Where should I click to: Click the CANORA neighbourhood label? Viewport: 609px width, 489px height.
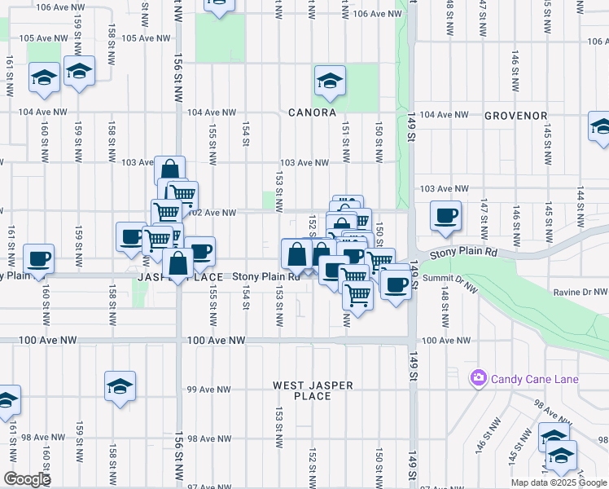click(x=312, y=112)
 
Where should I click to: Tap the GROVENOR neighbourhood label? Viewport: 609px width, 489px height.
click(x=515, y=116)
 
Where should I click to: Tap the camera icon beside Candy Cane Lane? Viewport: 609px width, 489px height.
click(x=478, y=379)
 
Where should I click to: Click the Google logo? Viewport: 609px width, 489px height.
click(x=27, y=479)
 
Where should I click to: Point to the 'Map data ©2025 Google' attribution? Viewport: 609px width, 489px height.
click(x=559, y=482)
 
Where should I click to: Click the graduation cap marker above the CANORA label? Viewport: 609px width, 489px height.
click(x=330, y=81)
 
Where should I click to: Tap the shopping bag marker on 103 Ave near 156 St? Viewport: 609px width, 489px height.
click(x=169, y=171)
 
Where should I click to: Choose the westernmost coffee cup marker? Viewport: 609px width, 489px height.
click(x=37, y=260)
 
